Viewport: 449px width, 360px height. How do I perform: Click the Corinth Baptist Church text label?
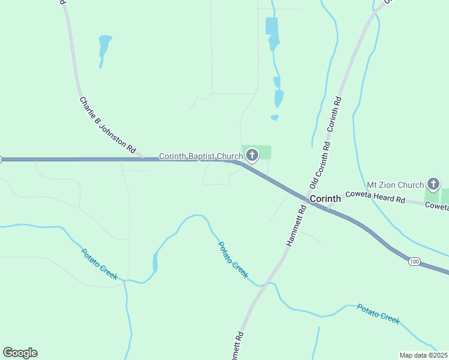coord(200,157)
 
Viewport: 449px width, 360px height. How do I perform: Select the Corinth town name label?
coord(325,199)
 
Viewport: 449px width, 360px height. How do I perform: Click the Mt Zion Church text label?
coord(395,185)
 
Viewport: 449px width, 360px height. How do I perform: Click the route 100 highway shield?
coord(414,262)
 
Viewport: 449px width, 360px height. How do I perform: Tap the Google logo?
coord(20,353)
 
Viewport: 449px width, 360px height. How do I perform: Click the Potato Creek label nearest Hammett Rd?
coord(232,259)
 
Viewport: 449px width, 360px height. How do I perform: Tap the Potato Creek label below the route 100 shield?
coord(378,314)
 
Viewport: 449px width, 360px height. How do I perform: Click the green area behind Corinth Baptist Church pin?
coord(264,152)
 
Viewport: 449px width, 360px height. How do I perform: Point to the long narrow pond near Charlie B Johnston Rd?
coord(104,48)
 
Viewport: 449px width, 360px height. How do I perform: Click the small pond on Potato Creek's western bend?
coord(155,262)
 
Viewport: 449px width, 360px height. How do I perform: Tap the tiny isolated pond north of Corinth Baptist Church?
coord(274,118)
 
